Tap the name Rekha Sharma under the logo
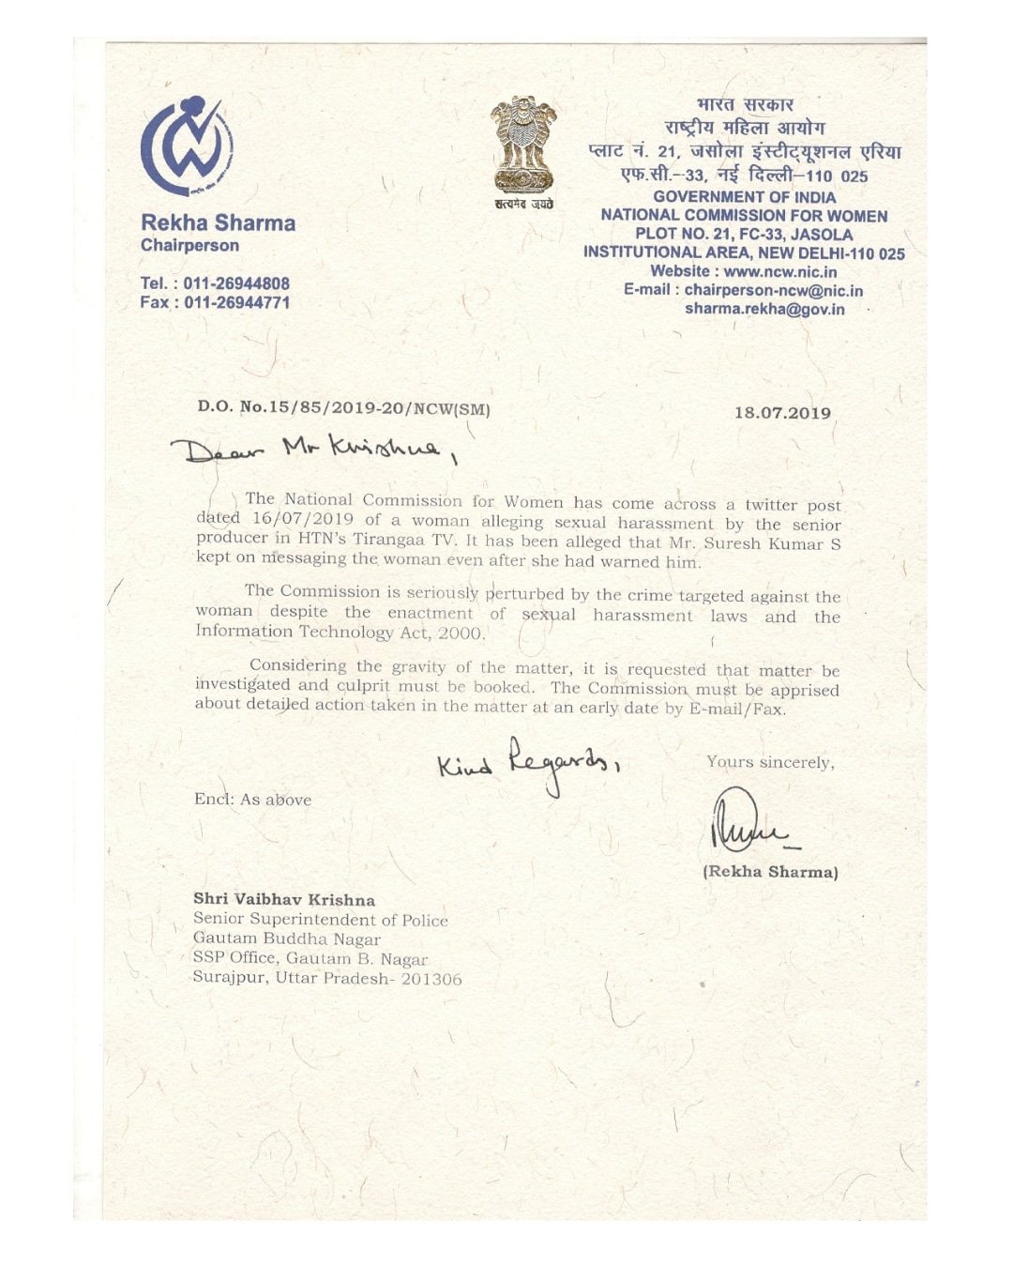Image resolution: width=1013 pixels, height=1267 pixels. coord(218,223)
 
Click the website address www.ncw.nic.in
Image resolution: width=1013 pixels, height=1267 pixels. coord(780,272)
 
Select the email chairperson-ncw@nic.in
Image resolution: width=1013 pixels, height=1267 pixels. coord(773,291)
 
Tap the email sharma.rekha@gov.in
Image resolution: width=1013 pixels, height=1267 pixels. coord(764,309)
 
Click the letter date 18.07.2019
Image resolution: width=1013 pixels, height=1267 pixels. coord(782,413)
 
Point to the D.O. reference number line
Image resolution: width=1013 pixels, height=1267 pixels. coord(343,408)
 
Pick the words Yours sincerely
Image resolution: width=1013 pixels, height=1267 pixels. coord(770,762)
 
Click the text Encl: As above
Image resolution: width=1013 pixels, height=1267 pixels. coord(252,800)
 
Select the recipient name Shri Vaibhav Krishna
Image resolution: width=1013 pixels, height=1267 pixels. coord(284,899)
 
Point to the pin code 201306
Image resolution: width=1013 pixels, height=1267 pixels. coord(431,979)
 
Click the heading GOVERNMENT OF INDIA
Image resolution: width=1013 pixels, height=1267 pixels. coord(744,197)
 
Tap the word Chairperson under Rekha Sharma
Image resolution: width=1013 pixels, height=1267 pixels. coord(189,246)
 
